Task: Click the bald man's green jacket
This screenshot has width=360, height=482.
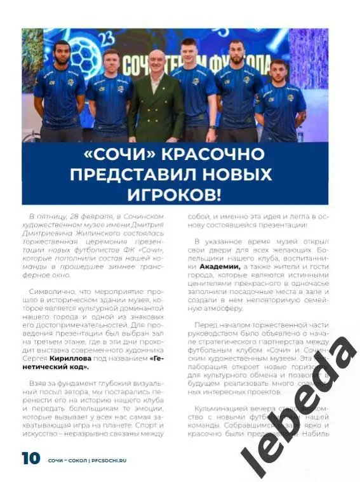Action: [x=155, y=108]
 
